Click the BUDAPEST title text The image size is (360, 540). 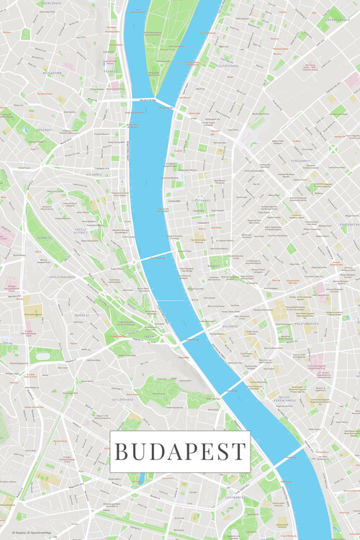coord(180,452)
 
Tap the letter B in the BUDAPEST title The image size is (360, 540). coord(122,452)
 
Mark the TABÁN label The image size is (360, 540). coord(149,336)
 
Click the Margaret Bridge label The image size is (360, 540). coord(143,100)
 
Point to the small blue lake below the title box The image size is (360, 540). coord(141,479)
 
